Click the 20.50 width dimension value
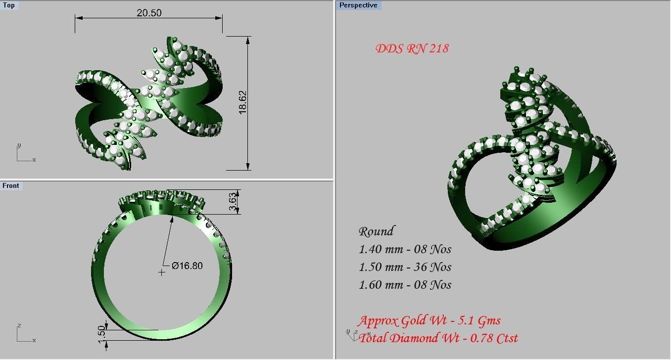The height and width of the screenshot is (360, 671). [149, 13]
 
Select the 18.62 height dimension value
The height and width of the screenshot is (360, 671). [242, 102]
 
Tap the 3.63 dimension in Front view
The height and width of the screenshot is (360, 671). [233, 202]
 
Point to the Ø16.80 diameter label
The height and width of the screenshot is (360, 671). [187, 266]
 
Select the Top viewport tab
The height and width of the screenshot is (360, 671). [9, 5]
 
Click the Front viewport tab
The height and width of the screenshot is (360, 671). [10, 185]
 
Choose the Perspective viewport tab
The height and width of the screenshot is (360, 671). [358, 5]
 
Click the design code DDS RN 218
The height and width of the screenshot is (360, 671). [412, 48]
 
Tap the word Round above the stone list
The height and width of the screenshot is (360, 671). [376, 231]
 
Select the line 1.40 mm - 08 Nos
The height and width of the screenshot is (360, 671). [405, 249]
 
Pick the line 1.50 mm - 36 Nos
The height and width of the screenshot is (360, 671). [405, 267]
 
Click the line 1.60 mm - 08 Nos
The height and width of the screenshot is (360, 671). [405, 285]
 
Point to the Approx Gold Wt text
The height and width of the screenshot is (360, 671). [429, 320]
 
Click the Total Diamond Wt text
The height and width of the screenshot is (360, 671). [438, 338]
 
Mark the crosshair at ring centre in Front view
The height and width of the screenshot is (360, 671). [161, 272]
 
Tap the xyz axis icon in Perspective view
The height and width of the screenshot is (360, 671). [352, 335]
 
